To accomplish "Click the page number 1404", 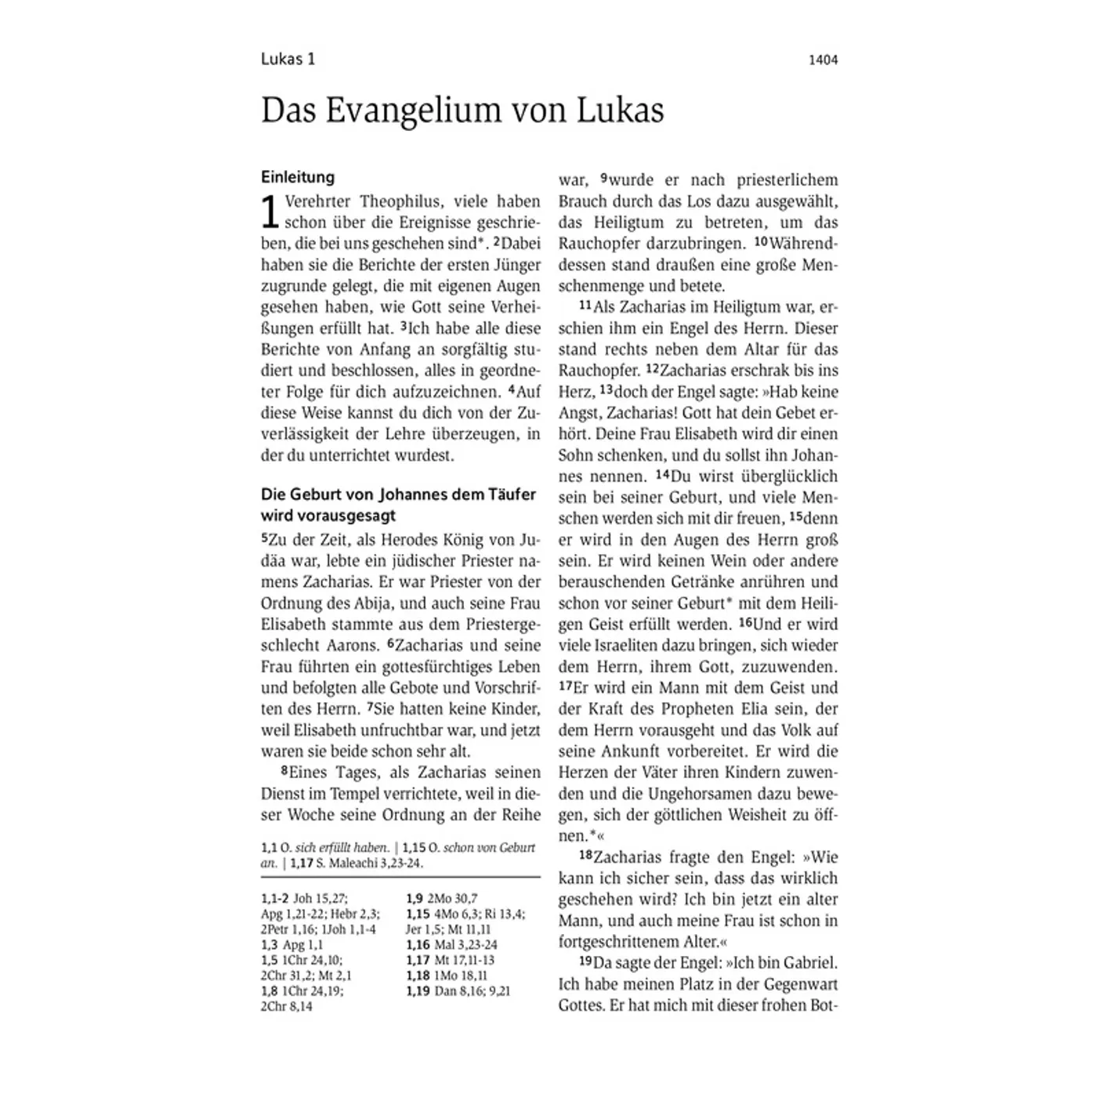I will coord(823,60).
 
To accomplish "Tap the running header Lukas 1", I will coord(288,60).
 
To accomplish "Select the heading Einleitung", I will coord(298,177).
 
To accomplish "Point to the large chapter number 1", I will coord(270,212).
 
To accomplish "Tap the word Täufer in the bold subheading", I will coord(510,494).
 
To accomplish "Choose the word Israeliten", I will coord(625,646).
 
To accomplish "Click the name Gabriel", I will coord(807,963).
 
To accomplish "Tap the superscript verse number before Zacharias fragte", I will coord(585,855).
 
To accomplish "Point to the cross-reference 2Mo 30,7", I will coord(452,899).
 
